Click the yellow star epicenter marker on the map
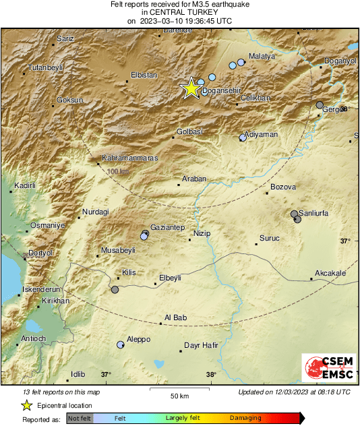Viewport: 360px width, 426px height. click(191, 88)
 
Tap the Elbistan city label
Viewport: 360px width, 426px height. click(143, 75)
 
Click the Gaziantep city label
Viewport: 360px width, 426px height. click(167, 228)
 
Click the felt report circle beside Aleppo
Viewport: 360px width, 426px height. click(121, 344)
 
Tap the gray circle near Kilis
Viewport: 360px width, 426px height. click(115, 290)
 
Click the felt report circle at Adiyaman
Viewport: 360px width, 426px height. click(243, 138)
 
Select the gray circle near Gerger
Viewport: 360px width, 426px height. click(320, 104)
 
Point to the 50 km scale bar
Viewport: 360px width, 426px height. click(179, 390)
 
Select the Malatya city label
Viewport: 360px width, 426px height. click(262, 57)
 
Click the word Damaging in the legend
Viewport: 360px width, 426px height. click(245, 418)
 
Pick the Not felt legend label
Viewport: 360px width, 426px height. click(80, 418)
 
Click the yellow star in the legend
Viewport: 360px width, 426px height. click(26, 406)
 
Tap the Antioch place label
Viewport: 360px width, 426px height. click(34, 338)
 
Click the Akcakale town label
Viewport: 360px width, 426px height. click(330, 273)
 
